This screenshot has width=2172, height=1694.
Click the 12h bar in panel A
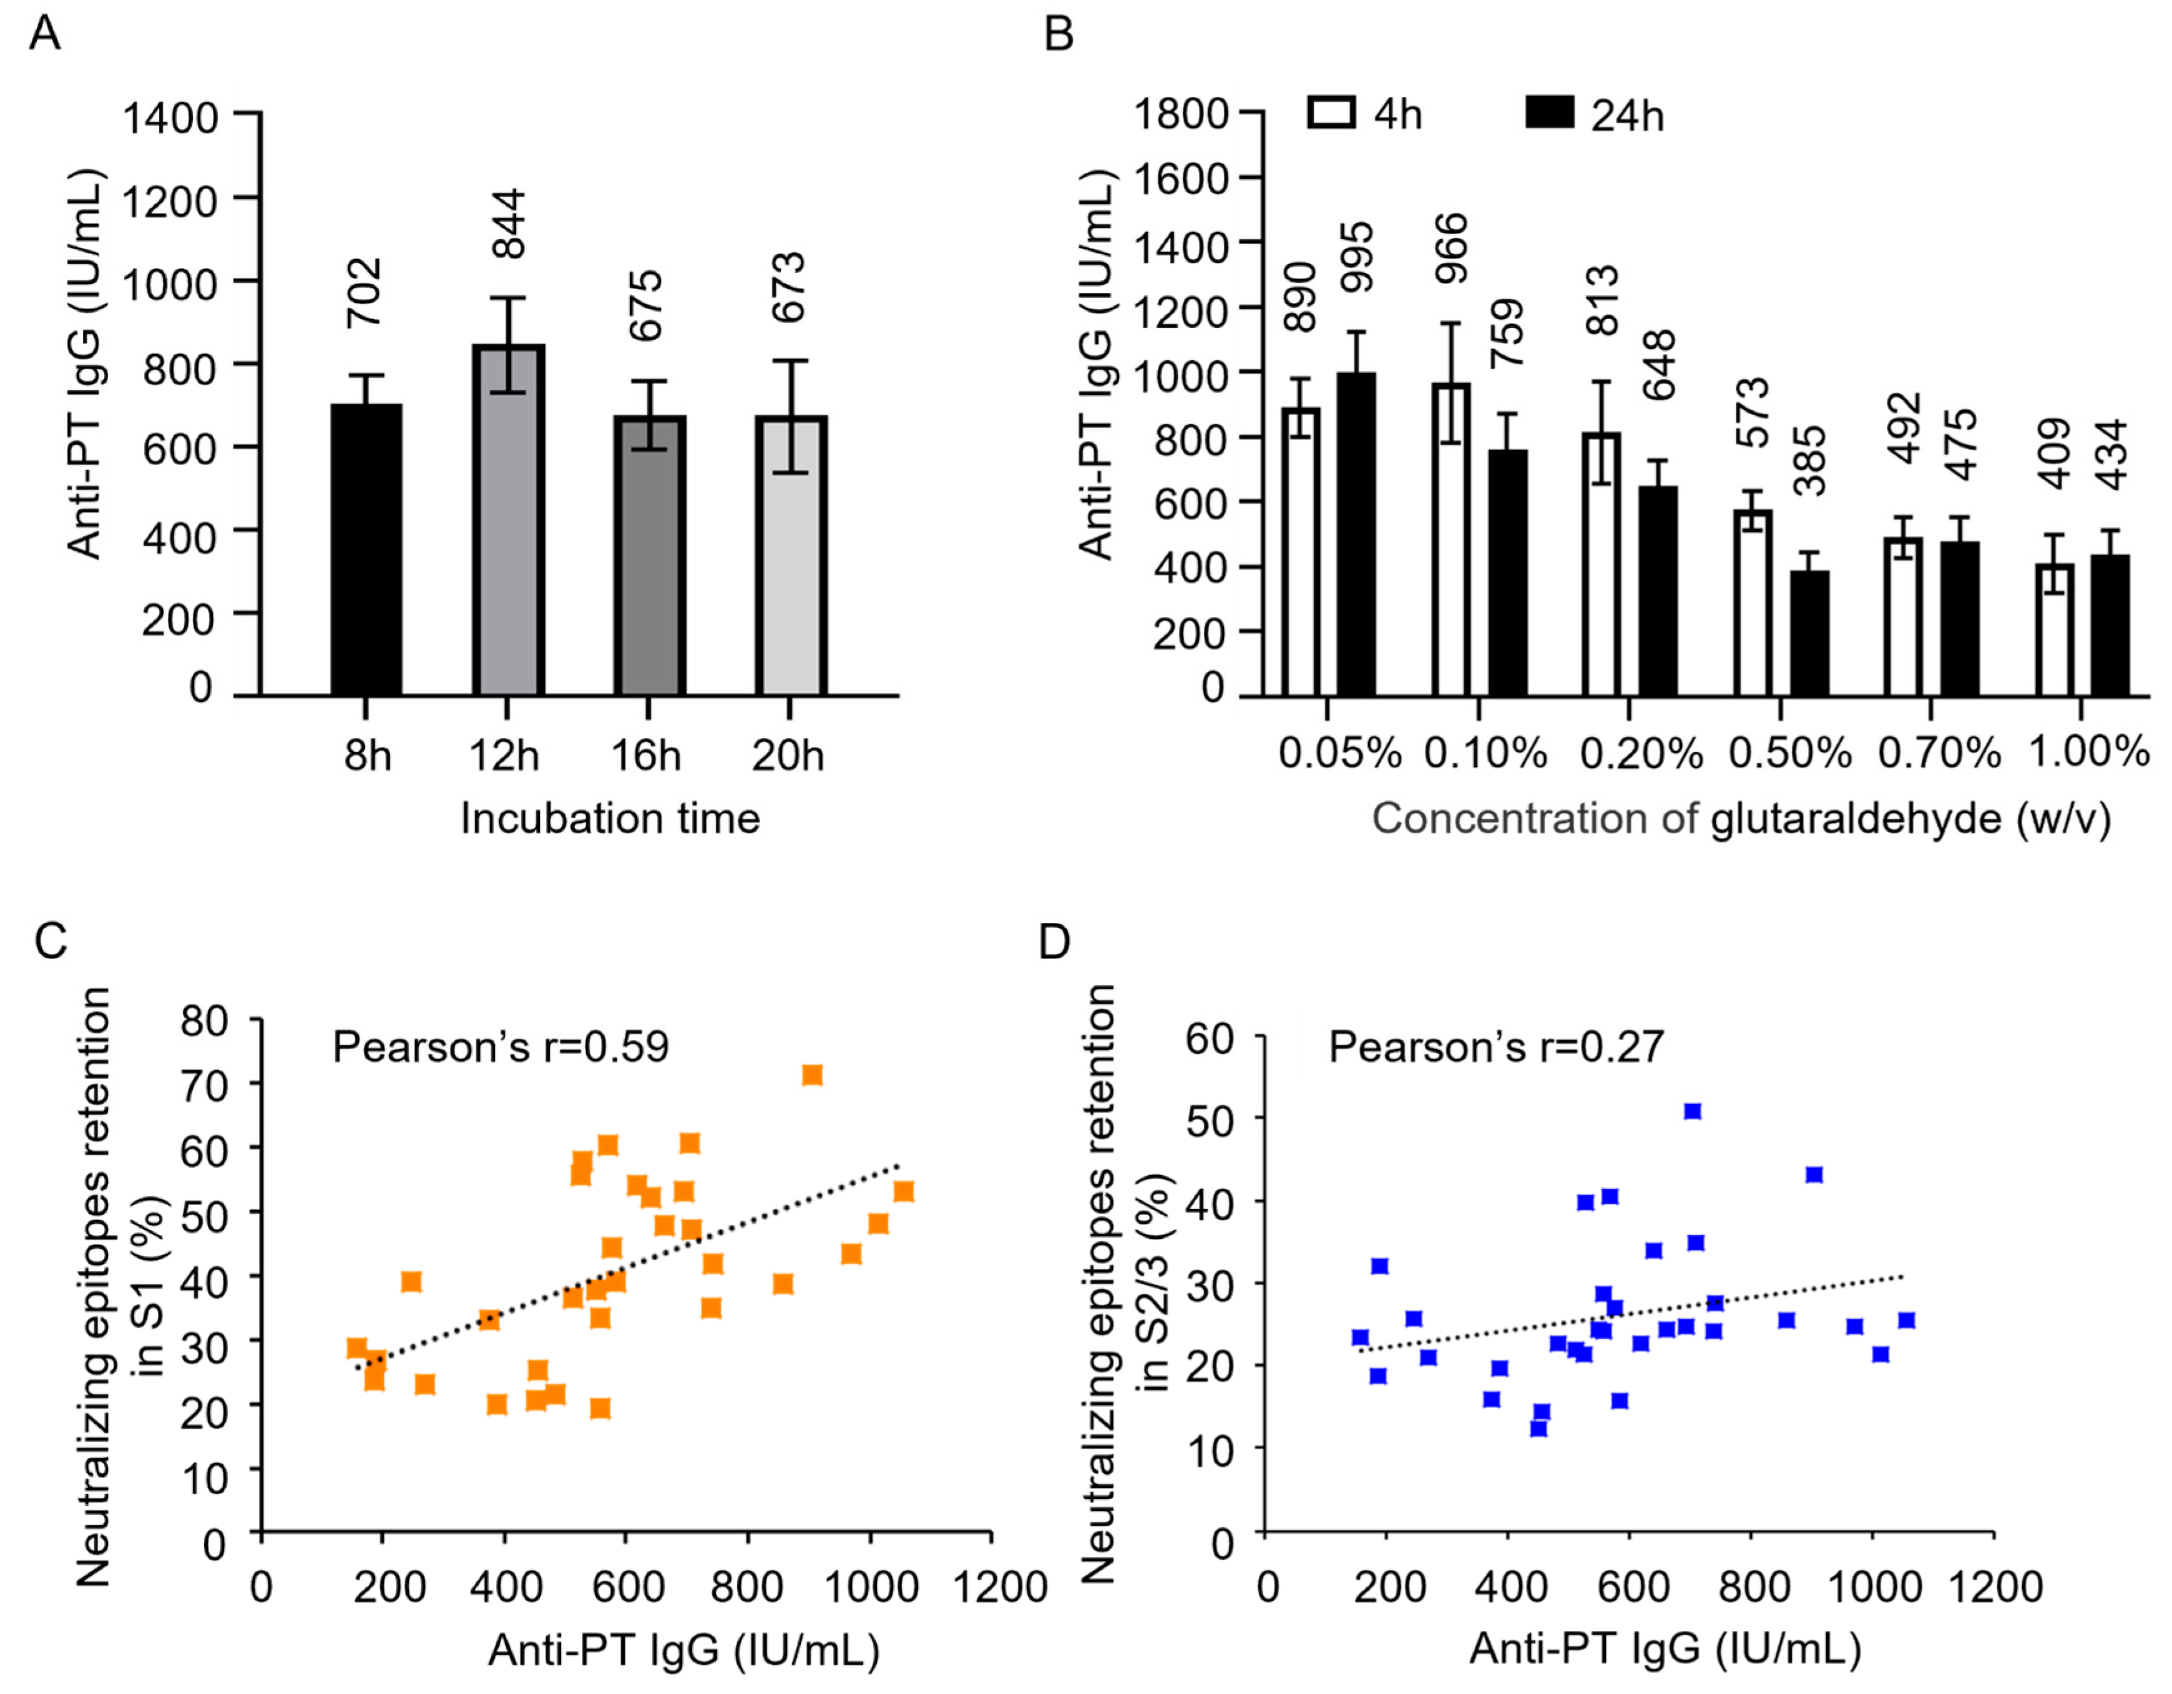click(x=508, y=520)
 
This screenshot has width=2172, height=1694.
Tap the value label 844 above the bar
click(x=509, y=224)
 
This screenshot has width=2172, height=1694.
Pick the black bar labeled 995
click(x=1356, y=534)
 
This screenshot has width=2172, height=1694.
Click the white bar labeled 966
click(x=1452, y=538)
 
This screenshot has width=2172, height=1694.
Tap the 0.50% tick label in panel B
click(x=1790, y=753)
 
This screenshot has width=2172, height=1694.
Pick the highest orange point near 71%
click(x=813, y=1075)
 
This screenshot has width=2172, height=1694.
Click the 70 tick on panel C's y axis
click(x=204, y=1083)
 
